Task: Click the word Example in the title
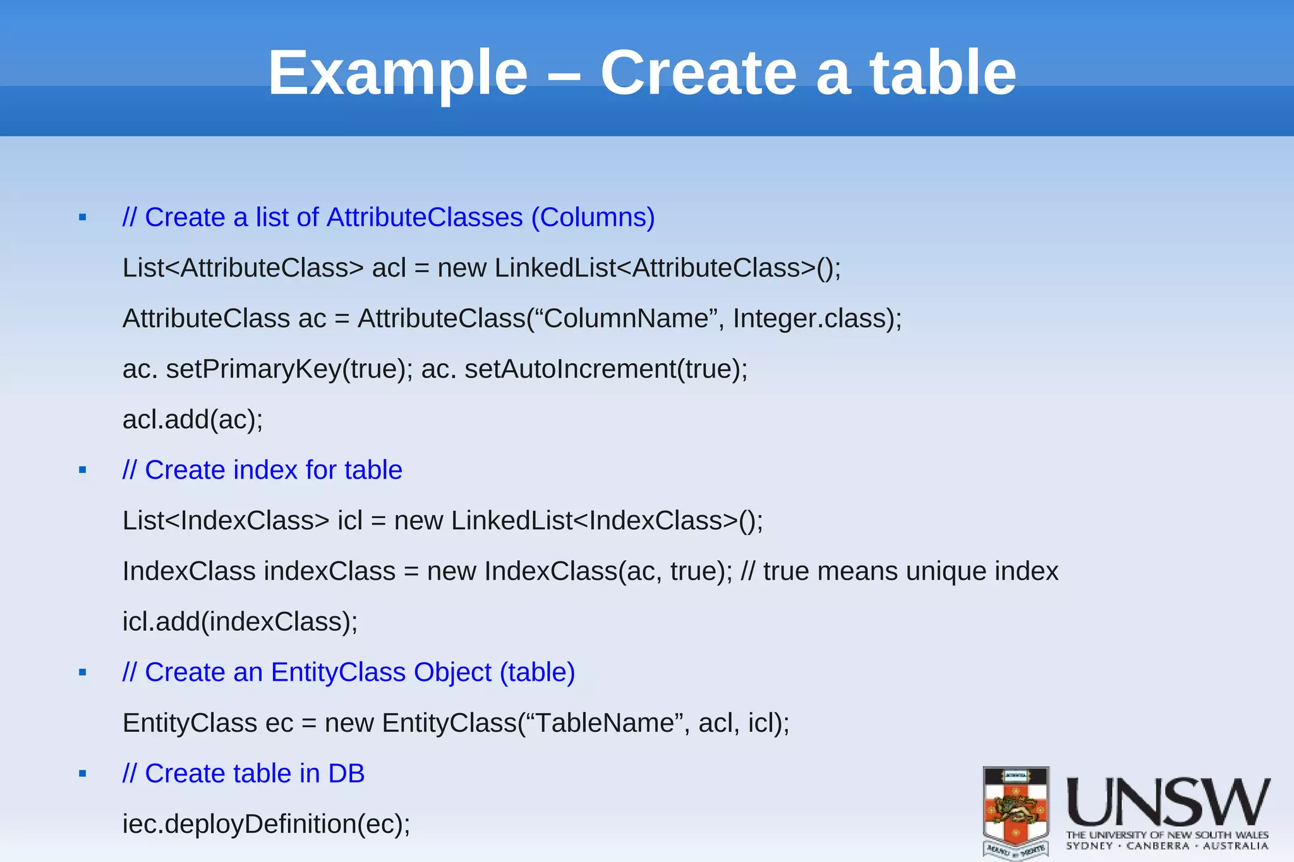pyautogui.click(x=397, y=74)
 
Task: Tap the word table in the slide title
pyautogui.click(x=942, y=74)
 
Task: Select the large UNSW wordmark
pyautogui.click(x=1168, y=801)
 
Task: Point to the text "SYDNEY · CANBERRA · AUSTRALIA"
pyautogui.click(x=1167, y=846)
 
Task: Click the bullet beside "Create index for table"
pyautogui.click(x=82, y=470)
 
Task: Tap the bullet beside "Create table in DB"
pyautogui.click(x=82, y=774)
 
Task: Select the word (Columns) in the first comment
pyautogui.click(x=593, y=217)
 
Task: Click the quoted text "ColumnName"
pyautogui.click(x=626, y=318)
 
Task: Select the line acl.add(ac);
pyautogui.click(x=193, y=419)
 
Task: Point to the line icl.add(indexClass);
pyautogui.click(x=240, y=621)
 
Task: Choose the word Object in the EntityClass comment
pyautogui.click(x=452, y=672)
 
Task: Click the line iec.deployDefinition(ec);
pyautogui.click(x=266, y=823)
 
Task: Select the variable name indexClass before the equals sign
pyautogui.click(x=329, y=571)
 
